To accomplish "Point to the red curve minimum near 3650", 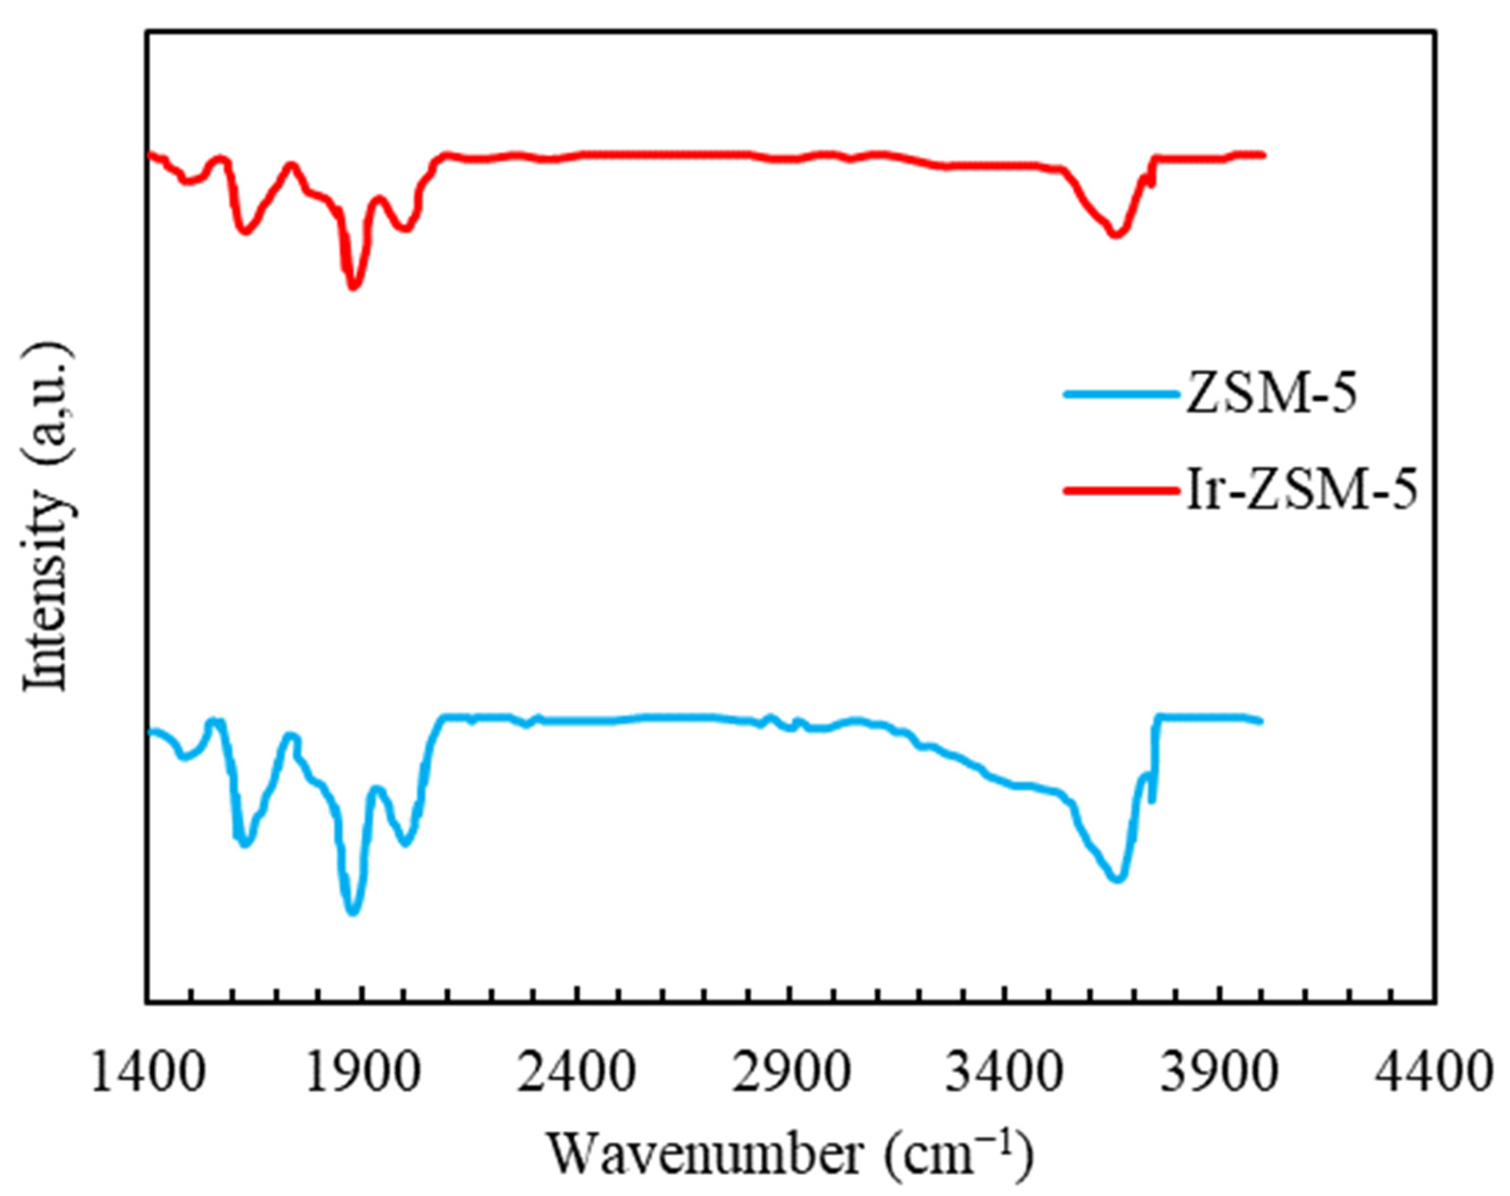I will tap(1116, 235).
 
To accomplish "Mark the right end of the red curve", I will tap(1264, 154).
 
